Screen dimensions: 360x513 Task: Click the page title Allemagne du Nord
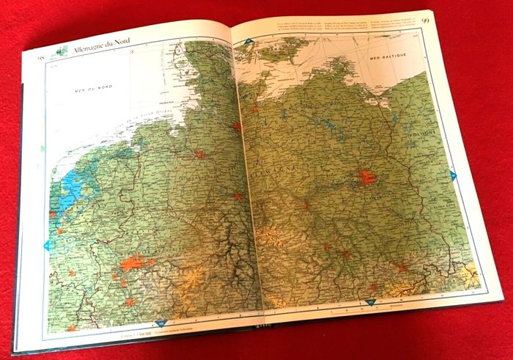pos(102,49)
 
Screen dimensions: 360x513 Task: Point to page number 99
pos(426,20)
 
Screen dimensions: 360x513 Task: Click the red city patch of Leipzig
pos(344,254)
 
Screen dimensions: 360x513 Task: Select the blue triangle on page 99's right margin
pos(454,175)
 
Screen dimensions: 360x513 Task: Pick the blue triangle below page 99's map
pos(369,301)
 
